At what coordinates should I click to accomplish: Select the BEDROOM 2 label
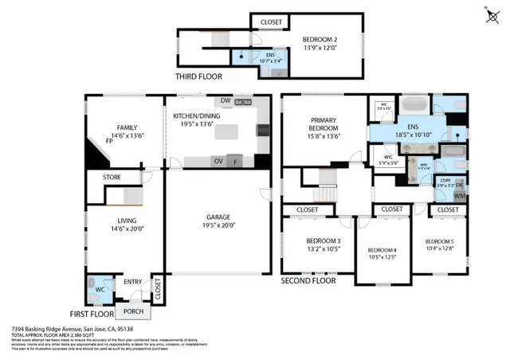(x=318, y=40)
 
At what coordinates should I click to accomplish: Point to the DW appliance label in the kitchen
(x=226, y=101)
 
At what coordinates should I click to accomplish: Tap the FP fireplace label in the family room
(x=109, y=141)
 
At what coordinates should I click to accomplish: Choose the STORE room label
(x=112, y=177)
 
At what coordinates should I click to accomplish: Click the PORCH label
(x=133, y=311)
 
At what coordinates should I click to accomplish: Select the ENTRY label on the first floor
(x=132, y=281)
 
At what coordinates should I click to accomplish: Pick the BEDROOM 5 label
(x=439, y=241)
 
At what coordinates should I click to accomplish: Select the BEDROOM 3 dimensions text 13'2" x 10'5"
(x=323, y=248)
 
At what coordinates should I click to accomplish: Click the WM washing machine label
(x=460, y=195)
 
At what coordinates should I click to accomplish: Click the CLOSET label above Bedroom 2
(x=270, y=22)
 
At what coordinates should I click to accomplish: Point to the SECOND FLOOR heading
(x=309, y=281)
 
